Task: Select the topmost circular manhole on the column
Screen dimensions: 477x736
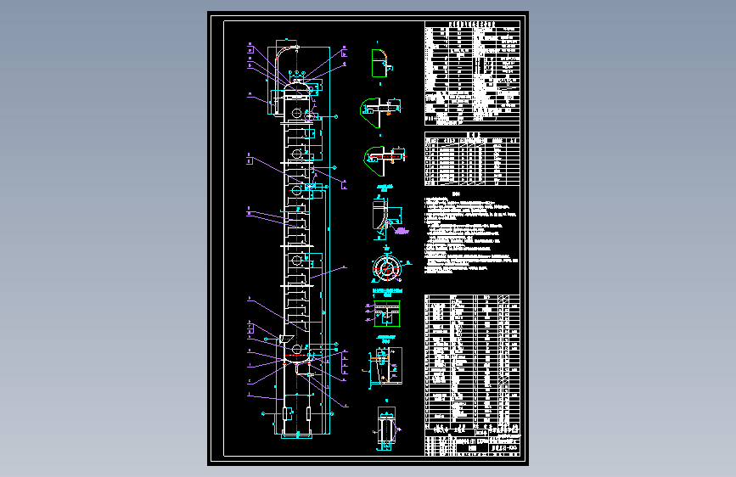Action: click(x=295, y=113)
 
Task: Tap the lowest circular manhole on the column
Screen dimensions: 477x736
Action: click(x=295, y=349)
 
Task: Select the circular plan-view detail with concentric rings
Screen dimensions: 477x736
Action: click(x=386, y=267)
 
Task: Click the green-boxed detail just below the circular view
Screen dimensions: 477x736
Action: click(x=386, y=311)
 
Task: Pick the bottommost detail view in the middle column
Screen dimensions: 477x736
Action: click(x=386, y=429)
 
